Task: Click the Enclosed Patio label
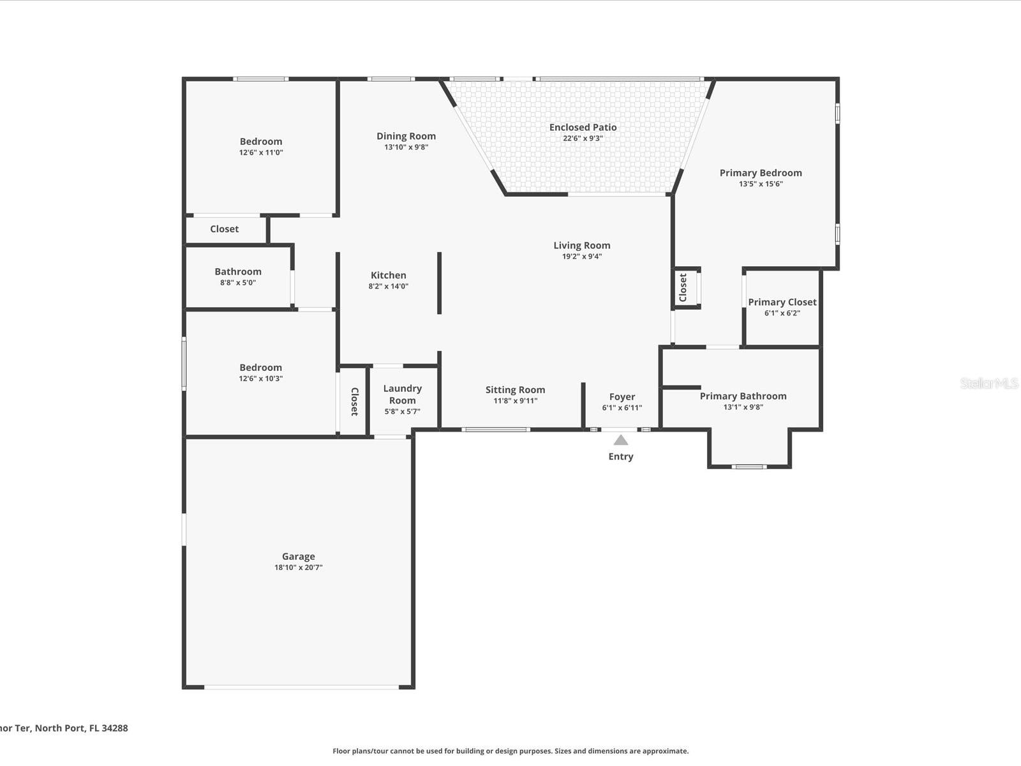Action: (583, 128)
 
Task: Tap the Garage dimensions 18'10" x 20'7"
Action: (299, 567)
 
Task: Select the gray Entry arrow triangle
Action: (621, 440)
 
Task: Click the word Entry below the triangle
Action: (621, 456)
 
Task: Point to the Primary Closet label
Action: (782, 303)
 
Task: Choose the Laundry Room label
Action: (402, 394)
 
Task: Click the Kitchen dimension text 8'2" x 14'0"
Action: (388, 287)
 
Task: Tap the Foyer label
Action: (622, 397)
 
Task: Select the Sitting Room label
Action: (515, 390)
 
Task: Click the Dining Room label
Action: (406, 136)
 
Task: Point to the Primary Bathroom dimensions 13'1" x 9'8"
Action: (743, 407)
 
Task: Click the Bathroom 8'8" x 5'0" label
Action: (237, 272)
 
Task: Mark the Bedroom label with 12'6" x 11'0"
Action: (260, 142)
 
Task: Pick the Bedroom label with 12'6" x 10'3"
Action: (260, 368)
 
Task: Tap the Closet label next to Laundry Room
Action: (354, 402)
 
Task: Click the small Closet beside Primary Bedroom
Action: (683, 288)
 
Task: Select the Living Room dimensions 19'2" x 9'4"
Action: (581, 257)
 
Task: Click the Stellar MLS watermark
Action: (989, 383)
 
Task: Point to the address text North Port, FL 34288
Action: (81, 728)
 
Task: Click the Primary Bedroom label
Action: (761, 173)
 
